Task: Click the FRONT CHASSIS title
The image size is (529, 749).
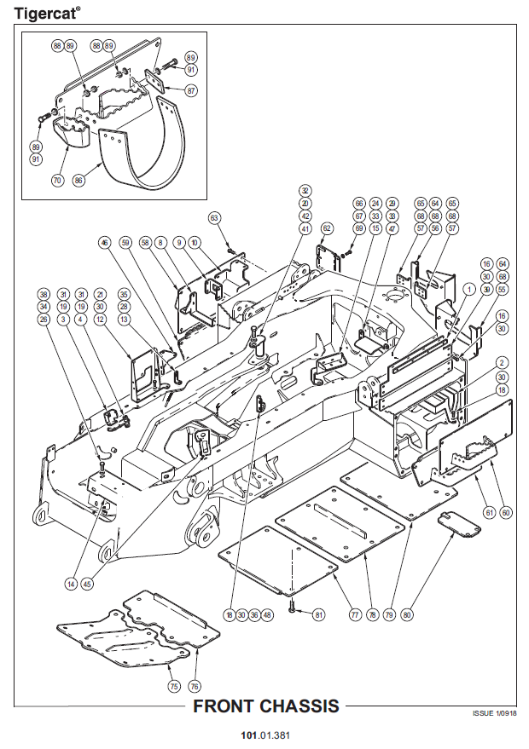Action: point(265,706)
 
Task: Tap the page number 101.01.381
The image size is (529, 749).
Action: point(264,735)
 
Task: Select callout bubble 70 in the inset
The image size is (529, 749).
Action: point(58,181)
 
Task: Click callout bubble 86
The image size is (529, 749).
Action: point(80,181)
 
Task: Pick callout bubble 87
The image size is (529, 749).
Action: point(190,90)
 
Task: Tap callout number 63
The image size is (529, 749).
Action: point(215,218)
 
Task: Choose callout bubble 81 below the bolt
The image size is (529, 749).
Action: point(318,614)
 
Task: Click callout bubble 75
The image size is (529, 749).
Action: point(173,687)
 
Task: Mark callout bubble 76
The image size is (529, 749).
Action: point(195,687)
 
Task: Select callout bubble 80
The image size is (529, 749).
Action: point(408,614)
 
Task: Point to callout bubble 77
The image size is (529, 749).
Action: point(355,614)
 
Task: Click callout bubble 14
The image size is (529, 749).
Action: point(71,584)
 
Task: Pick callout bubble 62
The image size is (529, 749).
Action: point(327,228)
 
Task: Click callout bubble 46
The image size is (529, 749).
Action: point(104,243)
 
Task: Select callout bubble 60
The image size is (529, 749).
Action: point(506,512)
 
